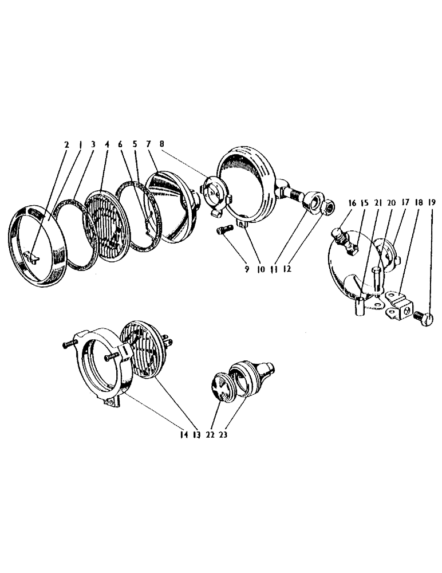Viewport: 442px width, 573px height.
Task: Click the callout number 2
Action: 66,146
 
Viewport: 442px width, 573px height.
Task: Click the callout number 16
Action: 351,203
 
